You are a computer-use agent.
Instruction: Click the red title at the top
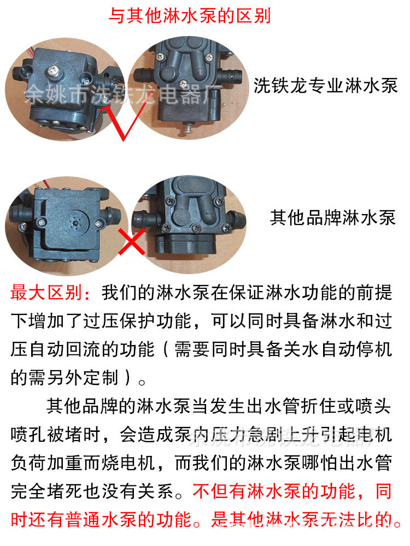point(189,15)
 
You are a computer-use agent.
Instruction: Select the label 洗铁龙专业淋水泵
point(325,85)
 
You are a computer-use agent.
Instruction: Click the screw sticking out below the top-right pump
point(188,128)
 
